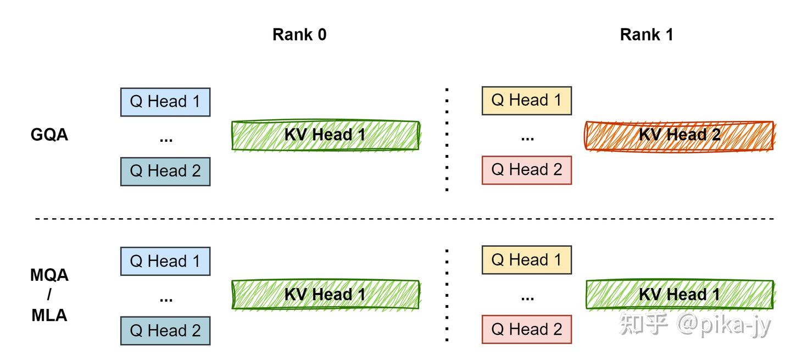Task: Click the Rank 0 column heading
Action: pyautogui.click(x=299, y=35)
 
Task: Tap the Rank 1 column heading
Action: pyautogui.click(x=647, y=35)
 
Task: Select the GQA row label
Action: pyautogui.click(x=49, y=135)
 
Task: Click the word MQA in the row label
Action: pyautogui.click(x=49, y=275)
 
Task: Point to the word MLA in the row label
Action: pyautogui.click(x=49, y=315)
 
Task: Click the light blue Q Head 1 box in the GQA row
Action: pyautogui.click(x=165, y=102)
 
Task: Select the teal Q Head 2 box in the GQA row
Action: pyautogui.click(x=165, y=171)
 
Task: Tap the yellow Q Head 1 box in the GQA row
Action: pyautogui.click(x=526, y=100)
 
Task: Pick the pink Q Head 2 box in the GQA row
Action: pyautogui.click(x=526, y=170)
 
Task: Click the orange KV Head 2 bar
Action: pyautogui.click(x=679, y=135)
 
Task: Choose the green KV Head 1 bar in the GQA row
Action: pyautogui.click(x=325, y=135)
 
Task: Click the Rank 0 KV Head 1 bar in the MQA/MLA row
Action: pyautogui.click(x=325, y=295)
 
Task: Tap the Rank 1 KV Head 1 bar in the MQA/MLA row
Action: pyautogui.click(x=679, y=295)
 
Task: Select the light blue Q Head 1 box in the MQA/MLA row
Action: pyautogui.click(x=165, y=261)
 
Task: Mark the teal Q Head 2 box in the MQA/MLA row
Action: pyautogui.click(x=165, y=331)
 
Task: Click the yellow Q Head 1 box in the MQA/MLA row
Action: pyautogui.click(x=526, y=260)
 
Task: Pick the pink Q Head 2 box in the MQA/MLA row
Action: pyautogui.click(x=526, y=330)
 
